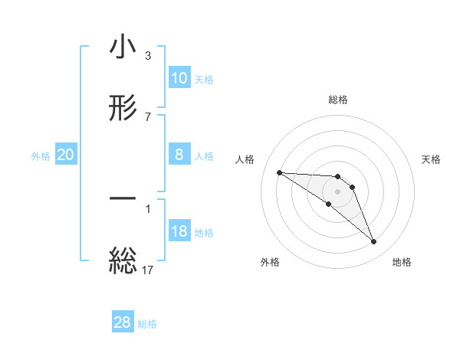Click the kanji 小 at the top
[123, 47]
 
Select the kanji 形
[123, 108]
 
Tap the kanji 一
[123, 198]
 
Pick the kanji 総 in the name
[123, 259]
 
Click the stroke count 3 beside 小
[148, 56]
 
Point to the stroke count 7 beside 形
[148, 116]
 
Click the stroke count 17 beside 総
[149, 269]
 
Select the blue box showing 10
[179, 78]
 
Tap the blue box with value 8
[179, 155]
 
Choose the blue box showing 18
[179, 231]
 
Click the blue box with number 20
[66, 155]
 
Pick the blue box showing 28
[123, 322]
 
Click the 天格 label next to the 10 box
[204, 80]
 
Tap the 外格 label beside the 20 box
[41, 156]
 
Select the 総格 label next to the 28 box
[148, 324]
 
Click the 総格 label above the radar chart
[338, 100]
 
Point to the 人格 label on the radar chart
[245, 159]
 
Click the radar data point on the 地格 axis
[373, 242]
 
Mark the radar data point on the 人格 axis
[279, 172]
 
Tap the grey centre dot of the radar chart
[337, 191]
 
